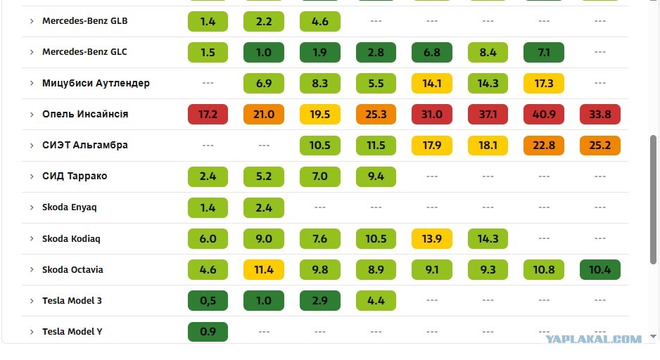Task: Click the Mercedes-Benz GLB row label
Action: click(84, 21)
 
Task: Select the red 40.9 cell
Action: click(544, 115)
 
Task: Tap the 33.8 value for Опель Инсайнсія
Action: click(599, 115)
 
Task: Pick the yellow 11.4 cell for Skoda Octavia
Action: click(263, 269)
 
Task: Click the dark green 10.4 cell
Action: click(599, 269)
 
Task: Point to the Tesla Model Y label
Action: click(72, 332)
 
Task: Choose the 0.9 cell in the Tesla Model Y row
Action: click(208, 332)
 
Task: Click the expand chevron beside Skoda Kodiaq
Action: click(32, 238)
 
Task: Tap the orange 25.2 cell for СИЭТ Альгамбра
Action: click(599, 146)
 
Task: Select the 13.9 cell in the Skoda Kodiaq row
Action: click(432, 238)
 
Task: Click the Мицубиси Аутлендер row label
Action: click(96, 83)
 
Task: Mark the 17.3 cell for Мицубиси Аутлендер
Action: click(544, 83)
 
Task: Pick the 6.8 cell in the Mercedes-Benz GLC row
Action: click(432, 52)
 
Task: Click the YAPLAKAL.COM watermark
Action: click(593, 339)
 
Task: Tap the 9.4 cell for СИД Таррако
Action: click(376, 176)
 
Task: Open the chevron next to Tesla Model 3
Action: click(32, 301)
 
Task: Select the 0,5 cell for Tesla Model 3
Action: click(208, 301)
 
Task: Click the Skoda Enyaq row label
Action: click(70, 207)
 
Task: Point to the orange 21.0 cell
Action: click(263, 115)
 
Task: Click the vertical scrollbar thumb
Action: click(653, 200)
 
